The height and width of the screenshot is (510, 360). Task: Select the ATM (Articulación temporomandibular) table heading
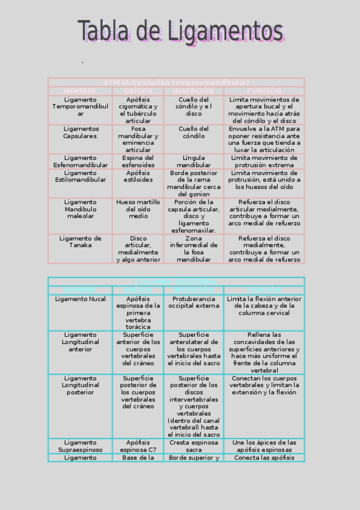(176, 82)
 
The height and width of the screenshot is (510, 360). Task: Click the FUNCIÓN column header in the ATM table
(264, 91)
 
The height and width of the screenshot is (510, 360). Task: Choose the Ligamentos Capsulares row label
(81, 132)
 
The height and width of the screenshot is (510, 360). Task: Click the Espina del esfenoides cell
(138, 161)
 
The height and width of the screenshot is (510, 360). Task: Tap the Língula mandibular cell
(194, 161)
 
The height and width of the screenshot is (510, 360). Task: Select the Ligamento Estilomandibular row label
(81, 176)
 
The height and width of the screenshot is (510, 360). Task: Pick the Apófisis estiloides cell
(138, 176)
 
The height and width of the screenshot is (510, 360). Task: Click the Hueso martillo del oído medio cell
(138, 209)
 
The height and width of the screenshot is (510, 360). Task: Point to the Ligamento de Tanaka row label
(81, 242)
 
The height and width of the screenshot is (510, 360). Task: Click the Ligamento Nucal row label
(81, 298)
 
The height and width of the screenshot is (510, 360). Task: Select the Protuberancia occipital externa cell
(194, 302)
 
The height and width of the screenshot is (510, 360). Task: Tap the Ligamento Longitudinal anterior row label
(81, 342)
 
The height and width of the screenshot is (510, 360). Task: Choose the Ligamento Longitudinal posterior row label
(81, 385)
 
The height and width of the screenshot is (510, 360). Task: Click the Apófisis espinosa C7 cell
(138, 446)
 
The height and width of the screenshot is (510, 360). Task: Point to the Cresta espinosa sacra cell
(194, 446)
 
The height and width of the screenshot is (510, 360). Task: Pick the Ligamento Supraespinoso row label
(81, 446)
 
